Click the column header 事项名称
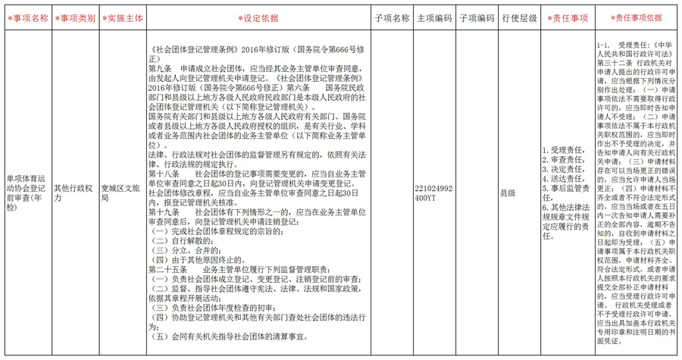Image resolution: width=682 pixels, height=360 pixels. pyautogui.click(x=27, y=18)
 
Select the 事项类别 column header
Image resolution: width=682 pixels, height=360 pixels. pyautogui.click(x=75, y=18)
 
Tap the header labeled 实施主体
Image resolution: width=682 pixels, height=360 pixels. pyautogui.click(x=121, y=18)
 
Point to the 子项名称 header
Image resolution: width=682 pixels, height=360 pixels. pyautogui.click(x=392, y=18)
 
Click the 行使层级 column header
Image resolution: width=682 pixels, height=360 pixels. pyautogui.click(x=519, y=18)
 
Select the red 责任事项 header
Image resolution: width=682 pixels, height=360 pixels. pyautogui.click(x=568, y=18)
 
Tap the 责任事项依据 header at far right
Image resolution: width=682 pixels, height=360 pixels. pyautogui.click(x=637, y=18)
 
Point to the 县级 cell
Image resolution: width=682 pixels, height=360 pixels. pyautogui.click(x=507, y=193)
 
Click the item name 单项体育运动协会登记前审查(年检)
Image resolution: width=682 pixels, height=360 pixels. pyautogui.click(x=27, y=193)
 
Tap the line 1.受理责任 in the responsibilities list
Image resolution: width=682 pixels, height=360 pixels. pyautogui.click(x=563, y=150)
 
